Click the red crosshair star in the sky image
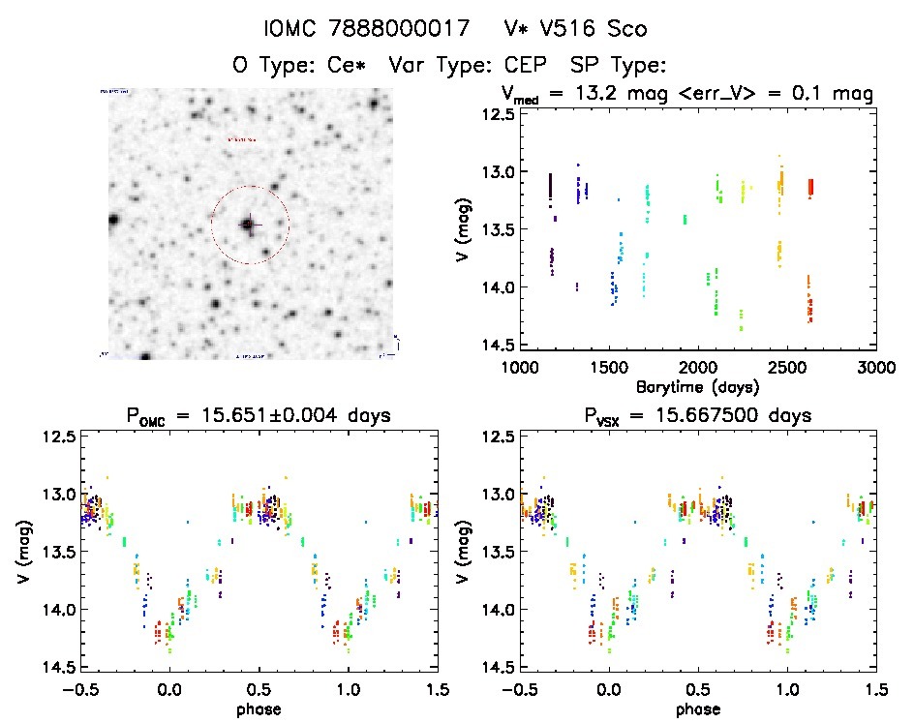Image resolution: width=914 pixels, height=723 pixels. pyautogui.click(x=249, y=225)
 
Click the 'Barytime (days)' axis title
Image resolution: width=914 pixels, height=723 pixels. pyautogui.click(x=697, y=386)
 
